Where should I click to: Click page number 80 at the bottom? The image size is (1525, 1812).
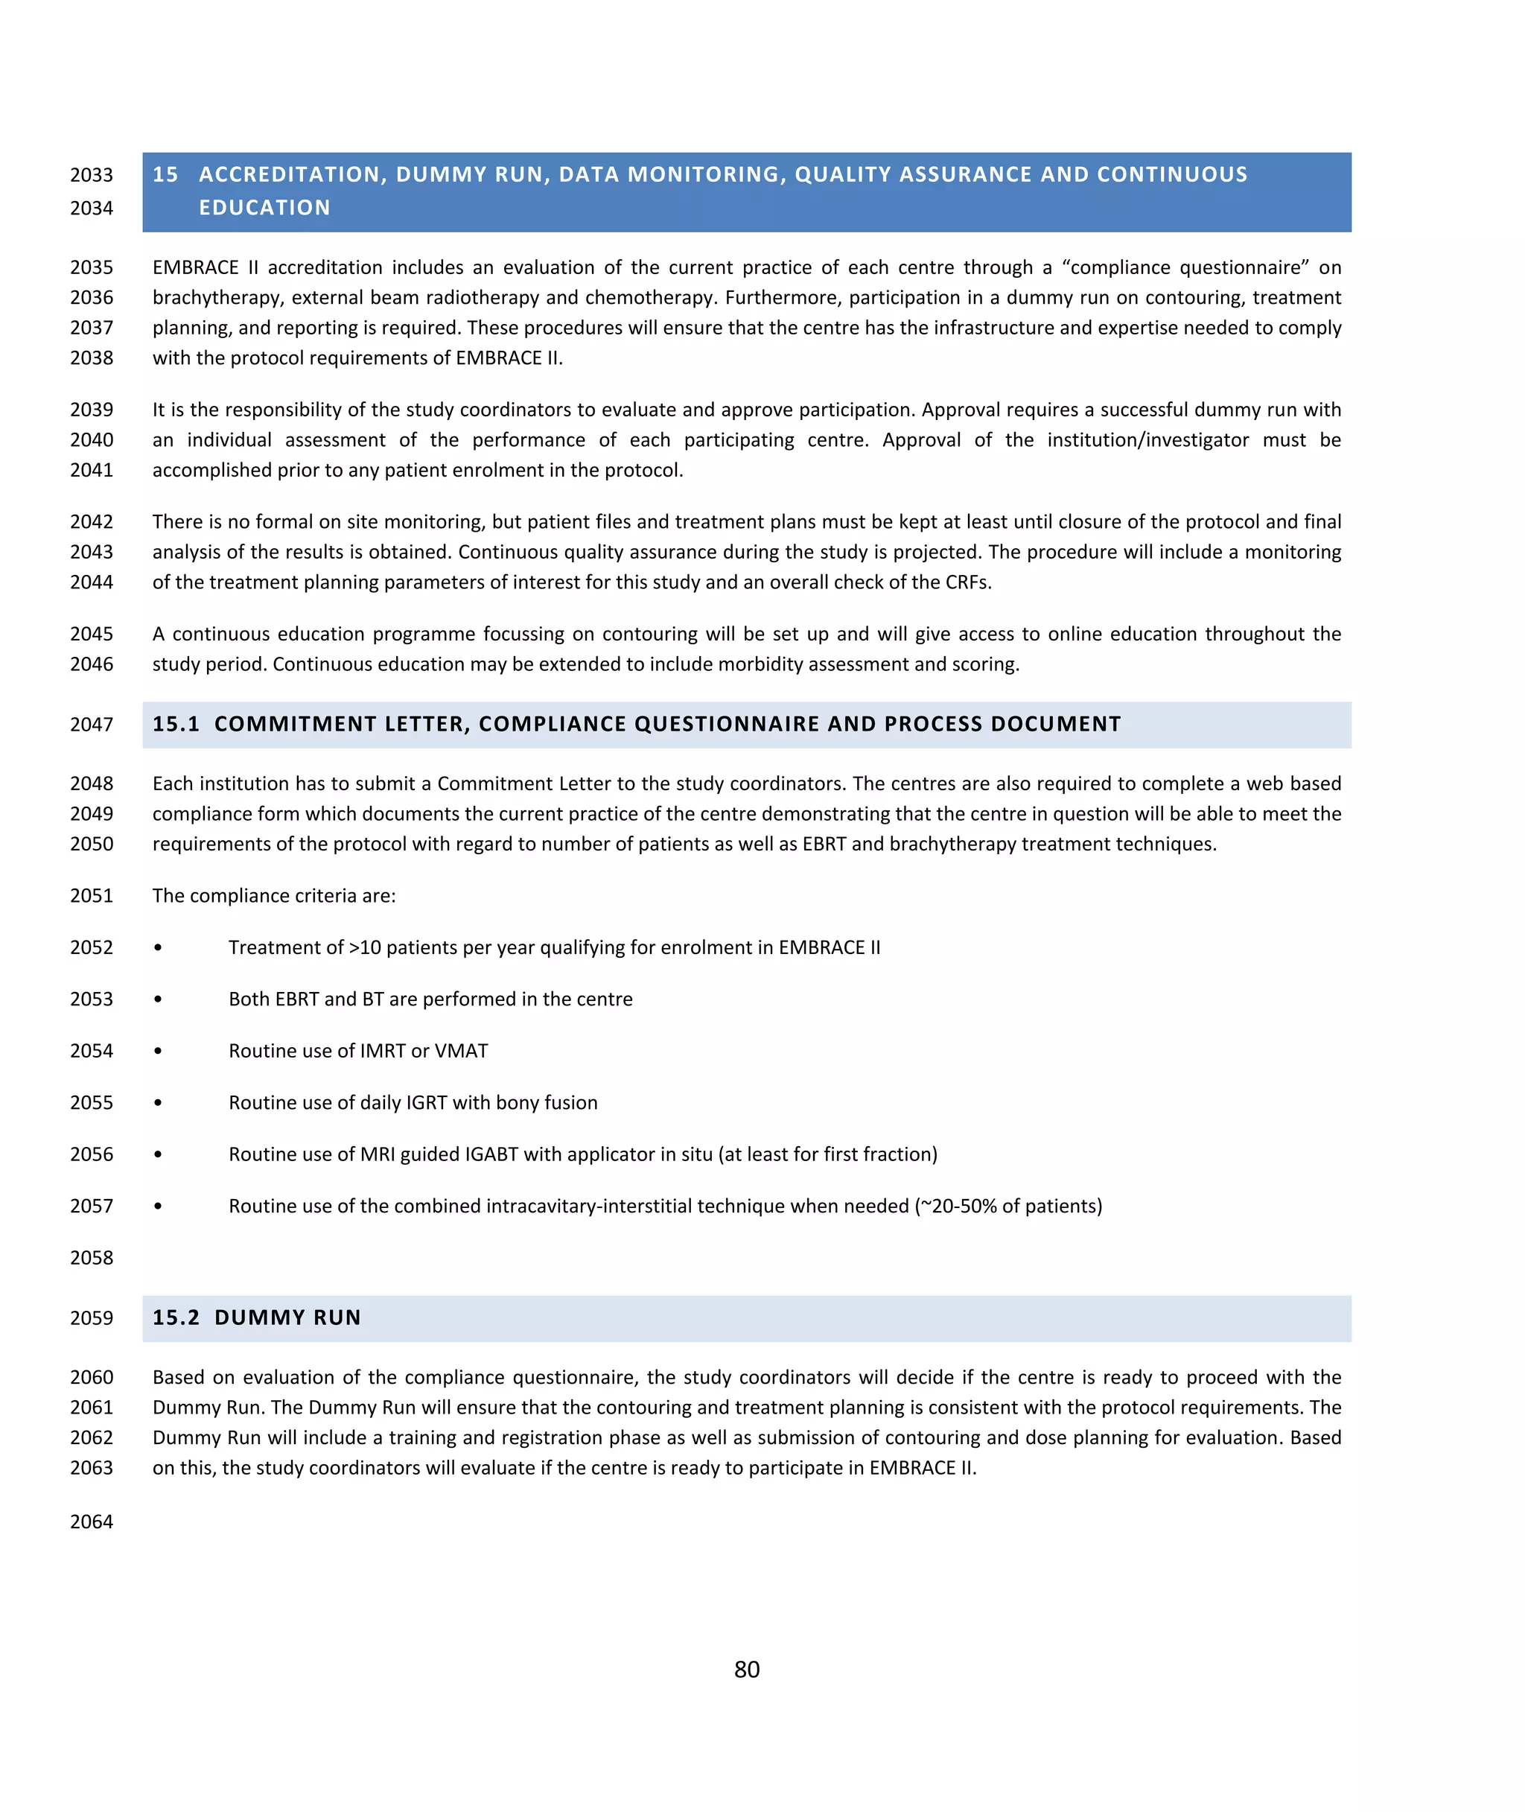point(746,1669)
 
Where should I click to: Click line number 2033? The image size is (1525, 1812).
point(92,176)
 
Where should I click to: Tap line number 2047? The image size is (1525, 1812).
point(92,725)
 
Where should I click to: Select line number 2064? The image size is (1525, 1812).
point(92,1522)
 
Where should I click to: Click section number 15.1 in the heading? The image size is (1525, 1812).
point(176,725)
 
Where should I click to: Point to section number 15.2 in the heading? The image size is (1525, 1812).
point(176,1317)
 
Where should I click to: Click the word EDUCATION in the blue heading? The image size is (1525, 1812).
point(264,208)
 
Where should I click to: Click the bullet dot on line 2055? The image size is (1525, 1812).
point(157,1103)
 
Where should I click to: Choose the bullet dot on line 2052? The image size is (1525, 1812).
point(157,947)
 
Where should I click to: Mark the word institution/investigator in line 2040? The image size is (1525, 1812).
point(1147,440)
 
